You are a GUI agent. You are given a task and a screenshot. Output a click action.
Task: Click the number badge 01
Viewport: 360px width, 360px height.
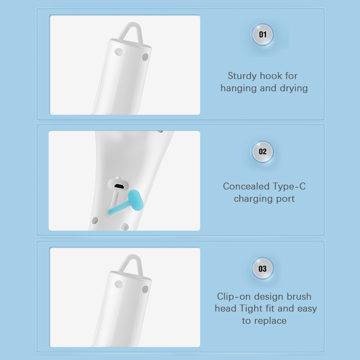pos(262,35)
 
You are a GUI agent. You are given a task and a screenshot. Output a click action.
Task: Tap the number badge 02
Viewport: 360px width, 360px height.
pos(262,152)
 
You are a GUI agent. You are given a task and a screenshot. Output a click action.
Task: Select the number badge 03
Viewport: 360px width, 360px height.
pos(262,269)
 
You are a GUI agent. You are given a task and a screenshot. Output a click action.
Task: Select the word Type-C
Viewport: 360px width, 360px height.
pos(289,186)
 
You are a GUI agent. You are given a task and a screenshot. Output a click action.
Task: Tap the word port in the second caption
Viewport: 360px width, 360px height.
pos(285,199)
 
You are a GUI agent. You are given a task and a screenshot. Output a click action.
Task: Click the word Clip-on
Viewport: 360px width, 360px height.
pos(234,297)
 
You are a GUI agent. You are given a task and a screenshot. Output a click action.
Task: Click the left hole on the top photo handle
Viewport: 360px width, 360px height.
pos(118,52)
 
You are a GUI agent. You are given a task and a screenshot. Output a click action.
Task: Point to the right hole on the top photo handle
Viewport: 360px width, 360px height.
pos(145,57)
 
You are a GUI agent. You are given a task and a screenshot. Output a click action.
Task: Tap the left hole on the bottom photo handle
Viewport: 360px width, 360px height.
pos(118,284)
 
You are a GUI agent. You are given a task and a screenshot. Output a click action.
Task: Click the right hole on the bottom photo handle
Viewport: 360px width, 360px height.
pos(145,289)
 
